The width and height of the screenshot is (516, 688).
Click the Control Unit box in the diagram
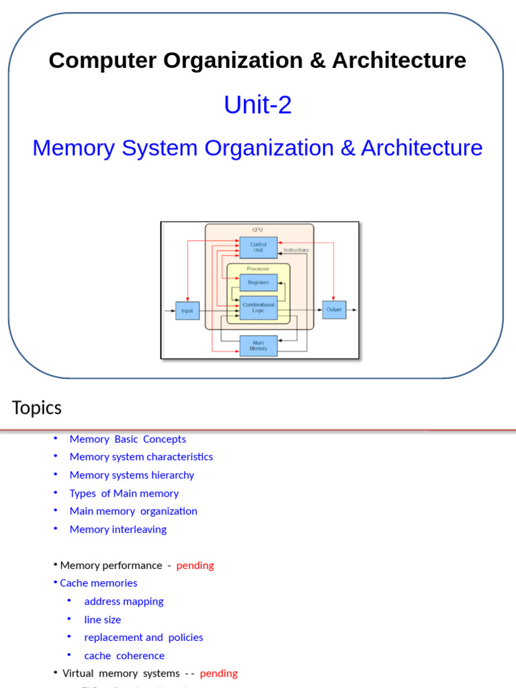click(x=258, y=247)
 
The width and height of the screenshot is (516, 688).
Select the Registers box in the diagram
click(x=258, y=282)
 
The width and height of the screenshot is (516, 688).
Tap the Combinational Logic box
click(x=258, y=308)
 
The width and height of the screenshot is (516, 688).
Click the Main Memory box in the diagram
click(x=258, y=345)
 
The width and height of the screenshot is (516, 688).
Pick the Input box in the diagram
click(x=187, y=310)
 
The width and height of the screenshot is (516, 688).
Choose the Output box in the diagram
click(x=334, y=310)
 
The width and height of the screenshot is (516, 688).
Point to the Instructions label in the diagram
click(x=296, y=250)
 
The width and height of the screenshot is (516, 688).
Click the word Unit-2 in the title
click(x=257, y=105)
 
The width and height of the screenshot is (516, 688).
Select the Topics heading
click(x=36, y=408)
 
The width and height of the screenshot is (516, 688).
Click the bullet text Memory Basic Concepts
click(x=128, y=439)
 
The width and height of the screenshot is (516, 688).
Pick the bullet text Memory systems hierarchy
click(x=132, y=475)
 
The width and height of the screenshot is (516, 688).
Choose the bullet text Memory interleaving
click(x=118, y=529)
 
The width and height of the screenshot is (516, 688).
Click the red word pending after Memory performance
click(x=195, y=565)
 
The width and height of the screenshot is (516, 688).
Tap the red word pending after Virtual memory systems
click(x=218, y=673)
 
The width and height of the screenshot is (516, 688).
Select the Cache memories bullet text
click(x=98, y=583)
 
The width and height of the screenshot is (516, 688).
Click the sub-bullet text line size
click(x=103, y=619)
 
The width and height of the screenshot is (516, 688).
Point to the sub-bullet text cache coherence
click(x=124, y=656)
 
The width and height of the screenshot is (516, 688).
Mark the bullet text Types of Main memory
click(x=124, y=493)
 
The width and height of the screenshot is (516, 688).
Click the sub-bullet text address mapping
click(x=124, y=601)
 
